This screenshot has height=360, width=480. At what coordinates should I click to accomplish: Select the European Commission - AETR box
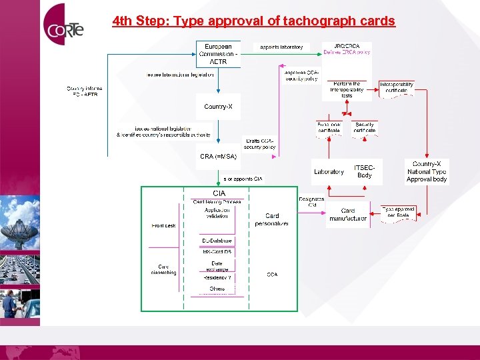click(218, 54)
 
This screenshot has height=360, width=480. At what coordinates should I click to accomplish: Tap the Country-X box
click(218, 107)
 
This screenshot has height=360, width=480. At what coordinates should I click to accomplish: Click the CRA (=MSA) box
click(218, 157)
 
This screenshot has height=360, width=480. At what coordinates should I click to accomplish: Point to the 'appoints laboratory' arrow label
click(281, 47)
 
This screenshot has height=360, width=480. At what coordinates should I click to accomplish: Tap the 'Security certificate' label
click(365, 128)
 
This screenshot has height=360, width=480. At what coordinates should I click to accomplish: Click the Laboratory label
click(329, 172)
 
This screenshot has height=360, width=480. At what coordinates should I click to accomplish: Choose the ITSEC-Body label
click(365, 171)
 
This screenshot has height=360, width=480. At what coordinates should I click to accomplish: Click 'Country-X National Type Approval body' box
click(427, 171)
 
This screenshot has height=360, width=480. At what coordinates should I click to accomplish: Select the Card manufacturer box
click(347, 215)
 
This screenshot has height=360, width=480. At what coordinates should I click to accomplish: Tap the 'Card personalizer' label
click(272, 220)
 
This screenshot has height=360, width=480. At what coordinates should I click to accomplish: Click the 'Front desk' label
click(163, 226)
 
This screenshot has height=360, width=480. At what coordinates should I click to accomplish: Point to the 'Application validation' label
click(217, 212)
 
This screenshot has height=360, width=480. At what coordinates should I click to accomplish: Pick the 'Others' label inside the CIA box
click(217, 289)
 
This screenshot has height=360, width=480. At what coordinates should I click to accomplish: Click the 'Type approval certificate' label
click(399, 213)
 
